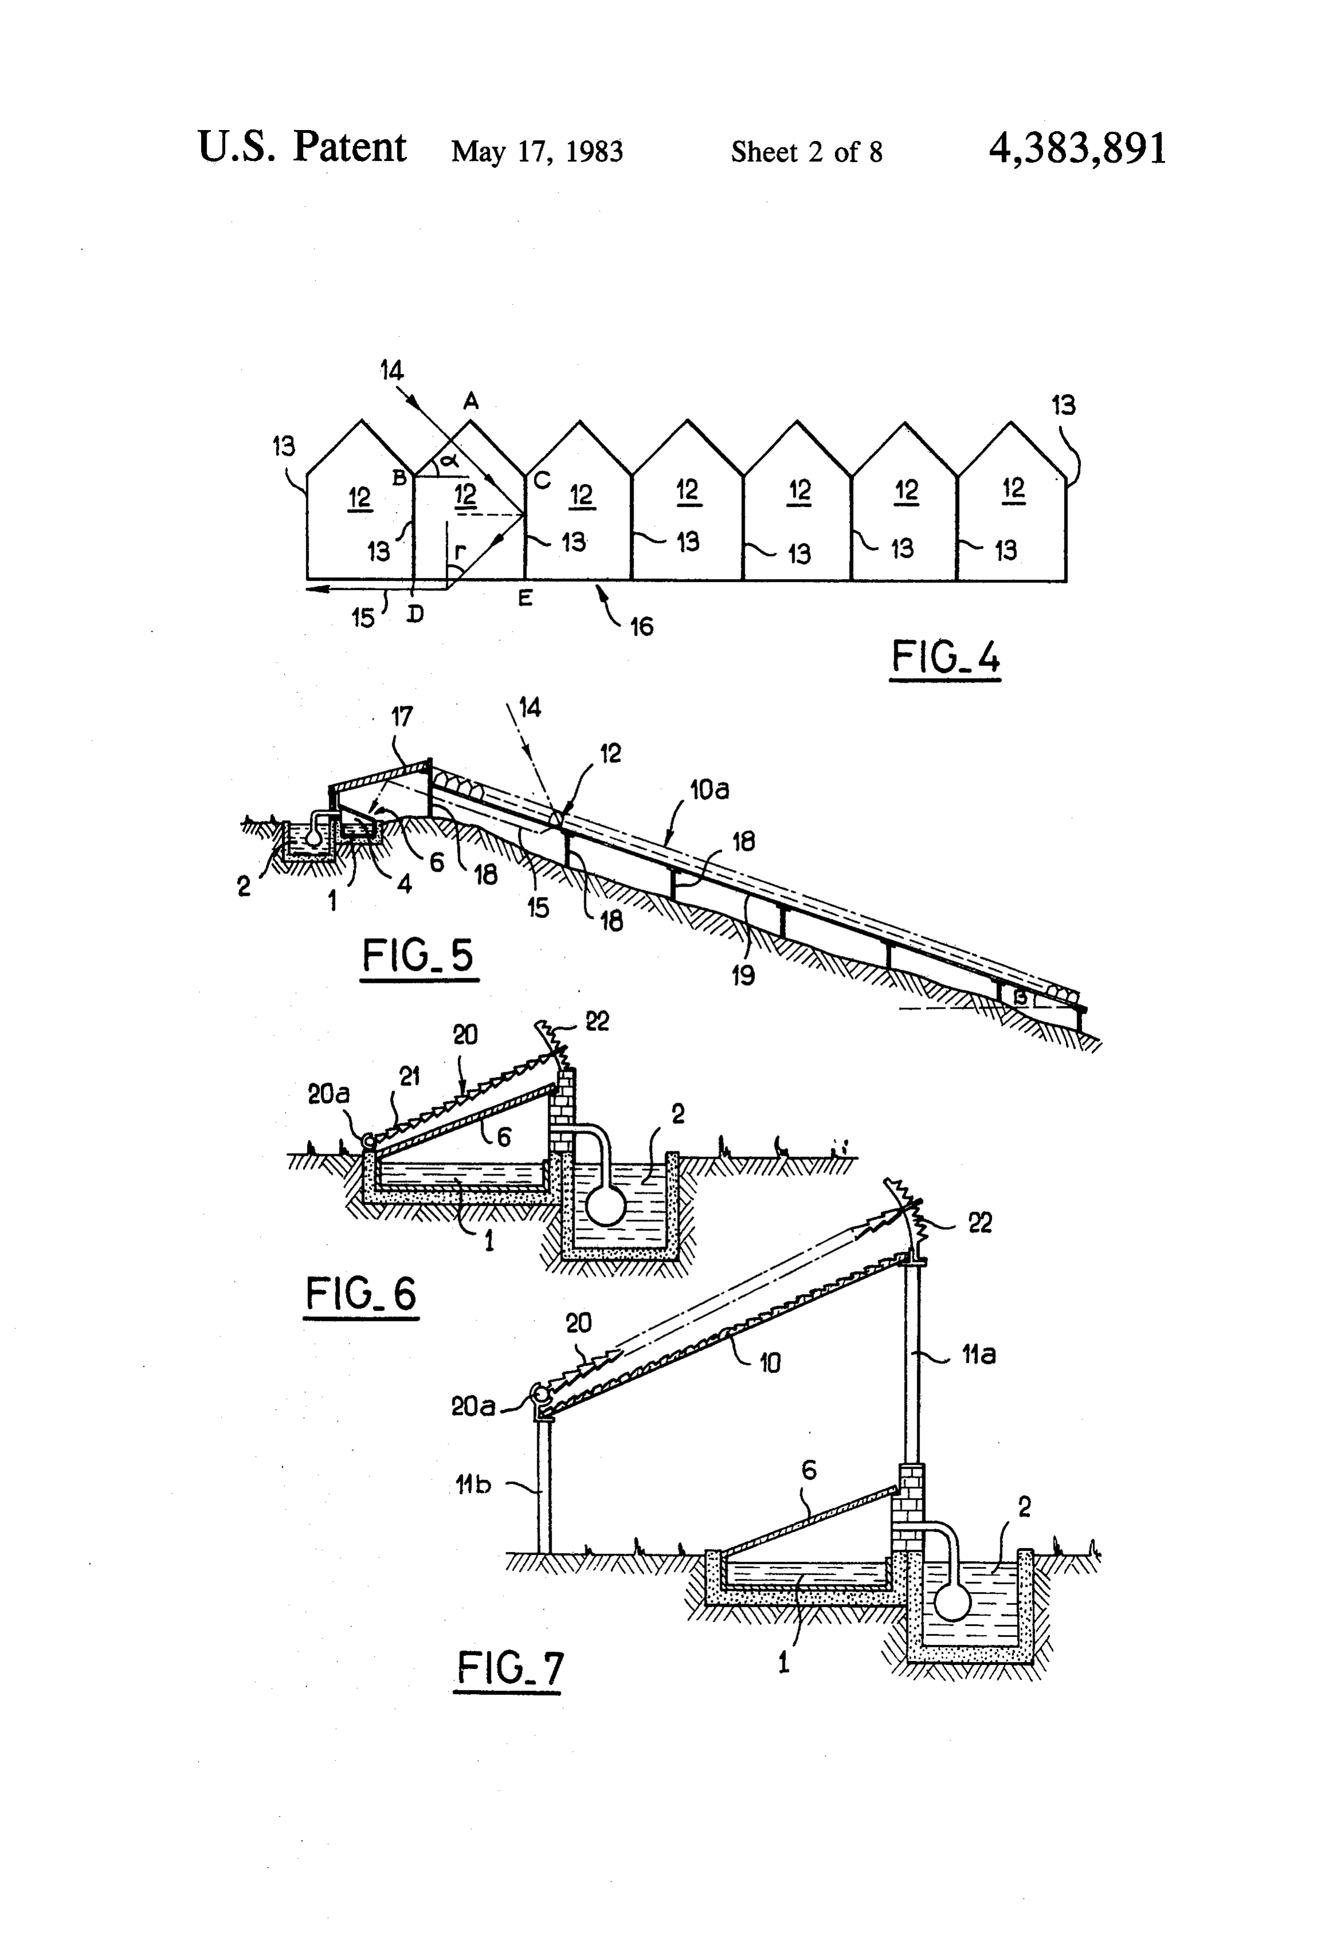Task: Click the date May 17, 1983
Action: point(537,151)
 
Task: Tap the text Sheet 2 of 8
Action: point(807,151)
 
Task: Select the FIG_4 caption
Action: point(945,657)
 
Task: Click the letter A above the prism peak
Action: point(471,402)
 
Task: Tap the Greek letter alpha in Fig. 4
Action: point(450,459)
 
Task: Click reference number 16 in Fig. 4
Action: point(641,625)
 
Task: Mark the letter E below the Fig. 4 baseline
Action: point(525,599)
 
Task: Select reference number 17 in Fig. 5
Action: point(402,717)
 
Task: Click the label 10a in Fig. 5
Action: point(710,789)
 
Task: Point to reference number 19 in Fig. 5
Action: point(742,975)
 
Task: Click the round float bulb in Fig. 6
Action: point(605,1205)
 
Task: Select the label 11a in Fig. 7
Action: point(978,1354)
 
